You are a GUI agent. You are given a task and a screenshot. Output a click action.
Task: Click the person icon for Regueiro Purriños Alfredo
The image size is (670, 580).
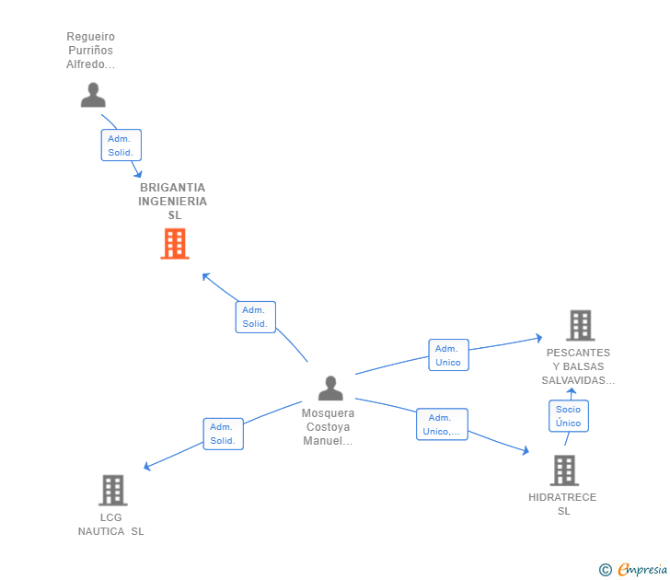[x=93, y=95]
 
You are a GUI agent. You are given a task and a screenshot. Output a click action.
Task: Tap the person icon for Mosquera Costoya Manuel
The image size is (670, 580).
[x=330, y=389]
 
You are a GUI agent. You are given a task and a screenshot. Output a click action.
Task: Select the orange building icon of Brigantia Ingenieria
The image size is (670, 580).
[x=175, y=244]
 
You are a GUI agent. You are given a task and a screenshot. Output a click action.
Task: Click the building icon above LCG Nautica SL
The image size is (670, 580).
[x=112, y=490]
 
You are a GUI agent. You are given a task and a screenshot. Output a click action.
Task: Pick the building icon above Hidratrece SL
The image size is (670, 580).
[x=564, y=470]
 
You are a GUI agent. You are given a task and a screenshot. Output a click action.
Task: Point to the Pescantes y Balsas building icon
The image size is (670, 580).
[x=580, y=325]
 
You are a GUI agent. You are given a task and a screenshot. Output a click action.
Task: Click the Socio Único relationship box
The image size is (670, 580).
[x=568, y=416]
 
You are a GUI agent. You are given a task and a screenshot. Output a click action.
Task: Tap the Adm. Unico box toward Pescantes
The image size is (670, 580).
[x=448, y=355]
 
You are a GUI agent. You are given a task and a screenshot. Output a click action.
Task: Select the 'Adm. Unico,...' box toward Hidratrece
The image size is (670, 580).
[x=442, y=424]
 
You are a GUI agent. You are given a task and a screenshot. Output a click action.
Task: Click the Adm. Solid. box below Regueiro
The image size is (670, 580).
[x=121, y=145]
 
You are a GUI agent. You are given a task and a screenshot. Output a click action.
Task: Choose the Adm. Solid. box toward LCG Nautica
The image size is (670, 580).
[x=223, y=434]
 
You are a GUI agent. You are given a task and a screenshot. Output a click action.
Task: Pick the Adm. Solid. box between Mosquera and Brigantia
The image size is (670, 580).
[x=255, y=317]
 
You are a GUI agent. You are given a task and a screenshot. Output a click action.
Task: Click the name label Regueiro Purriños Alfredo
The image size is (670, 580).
[x=90, y=51]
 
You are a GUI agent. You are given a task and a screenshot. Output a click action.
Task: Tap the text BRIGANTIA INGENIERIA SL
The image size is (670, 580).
[x=173, y=201]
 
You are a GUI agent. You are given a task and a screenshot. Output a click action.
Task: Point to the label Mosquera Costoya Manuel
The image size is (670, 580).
[x=328, y=427]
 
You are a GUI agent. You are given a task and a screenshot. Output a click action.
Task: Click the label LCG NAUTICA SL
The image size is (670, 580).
[x=111, y=524]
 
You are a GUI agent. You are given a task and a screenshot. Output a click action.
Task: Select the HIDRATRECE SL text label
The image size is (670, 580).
[x=562, y=504]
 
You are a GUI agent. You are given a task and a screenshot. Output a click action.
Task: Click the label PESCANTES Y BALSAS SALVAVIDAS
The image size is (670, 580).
[x=578, y=366]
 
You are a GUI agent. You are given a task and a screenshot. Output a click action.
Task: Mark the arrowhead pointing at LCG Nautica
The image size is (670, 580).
[x=146, y=468]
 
